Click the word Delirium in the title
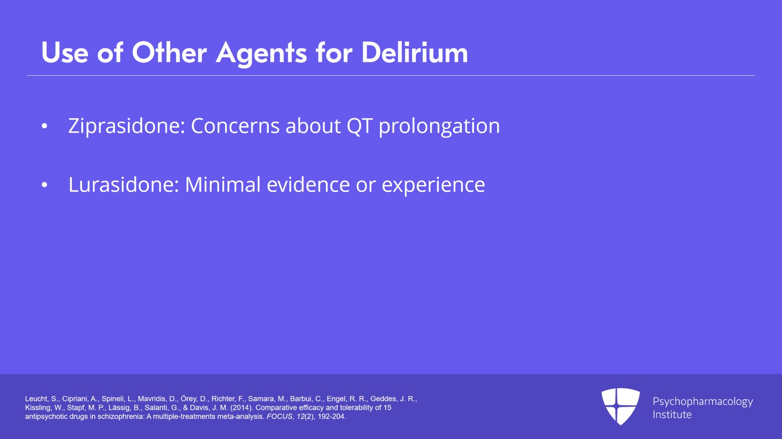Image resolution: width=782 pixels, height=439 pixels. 414,53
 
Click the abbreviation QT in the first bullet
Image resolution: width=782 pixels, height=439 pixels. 359,126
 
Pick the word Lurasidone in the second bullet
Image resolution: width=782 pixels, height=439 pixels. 123,185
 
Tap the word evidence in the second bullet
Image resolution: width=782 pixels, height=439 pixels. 307,185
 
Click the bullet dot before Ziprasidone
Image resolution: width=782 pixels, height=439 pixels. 44,126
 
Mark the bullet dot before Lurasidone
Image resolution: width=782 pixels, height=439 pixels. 44,185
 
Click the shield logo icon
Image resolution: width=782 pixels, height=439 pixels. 620,406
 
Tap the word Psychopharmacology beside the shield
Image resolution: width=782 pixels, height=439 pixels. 702,402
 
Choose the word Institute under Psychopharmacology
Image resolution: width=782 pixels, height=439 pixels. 672,415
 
